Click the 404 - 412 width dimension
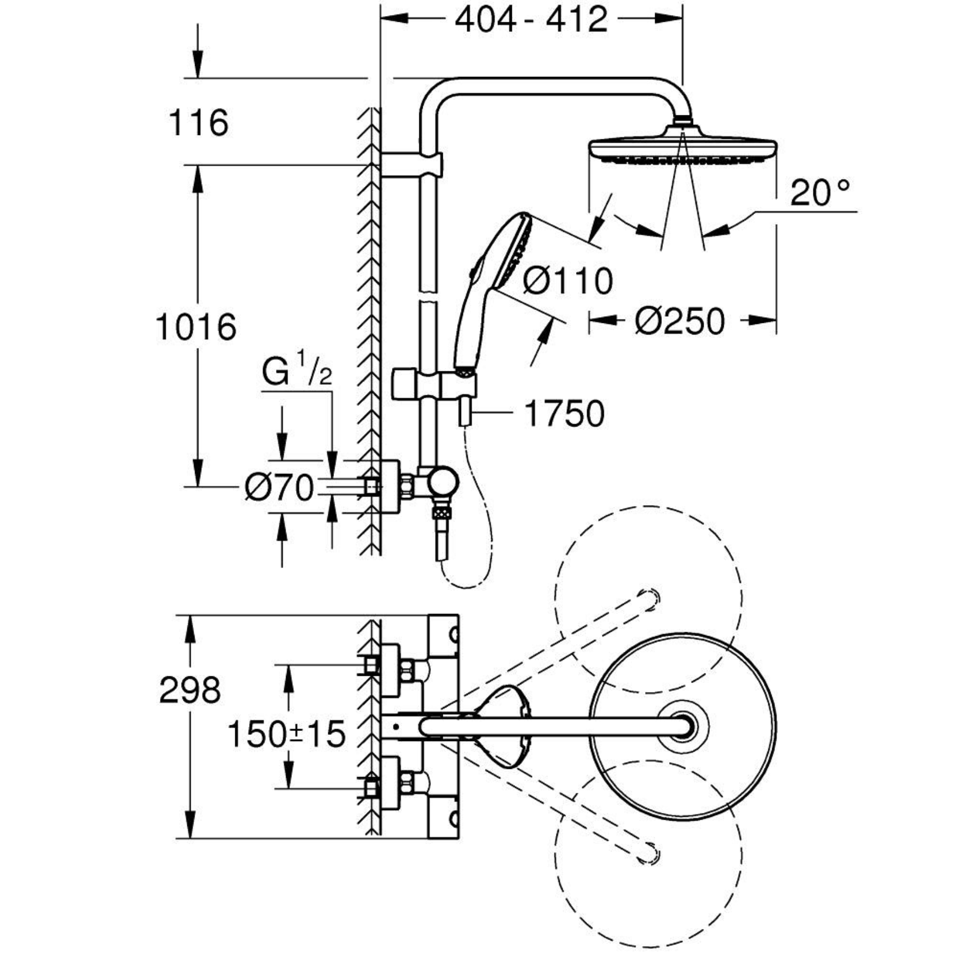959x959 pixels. (x=531, y=21)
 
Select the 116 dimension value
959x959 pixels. (x=199, y=123)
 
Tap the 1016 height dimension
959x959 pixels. (x=196, y=327)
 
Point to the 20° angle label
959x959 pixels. (x=822, y=193)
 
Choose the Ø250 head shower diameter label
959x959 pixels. (x=679, y=321)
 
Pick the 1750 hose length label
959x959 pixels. (x=565, y=414)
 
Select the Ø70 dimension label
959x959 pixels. (x=280, y=488)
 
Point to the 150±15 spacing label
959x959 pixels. (x=287, y=734)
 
